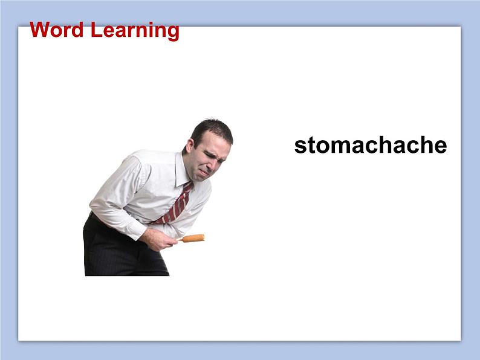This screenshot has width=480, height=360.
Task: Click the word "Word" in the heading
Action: (57, 30)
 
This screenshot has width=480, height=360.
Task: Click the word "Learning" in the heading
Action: (135, 30)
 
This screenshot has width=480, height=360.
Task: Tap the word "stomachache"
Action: (370, 146)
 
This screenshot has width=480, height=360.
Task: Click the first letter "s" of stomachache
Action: (300, 147)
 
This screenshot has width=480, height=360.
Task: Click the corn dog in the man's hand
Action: (193, 238)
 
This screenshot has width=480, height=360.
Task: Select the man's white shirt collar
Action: (182, 171)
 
